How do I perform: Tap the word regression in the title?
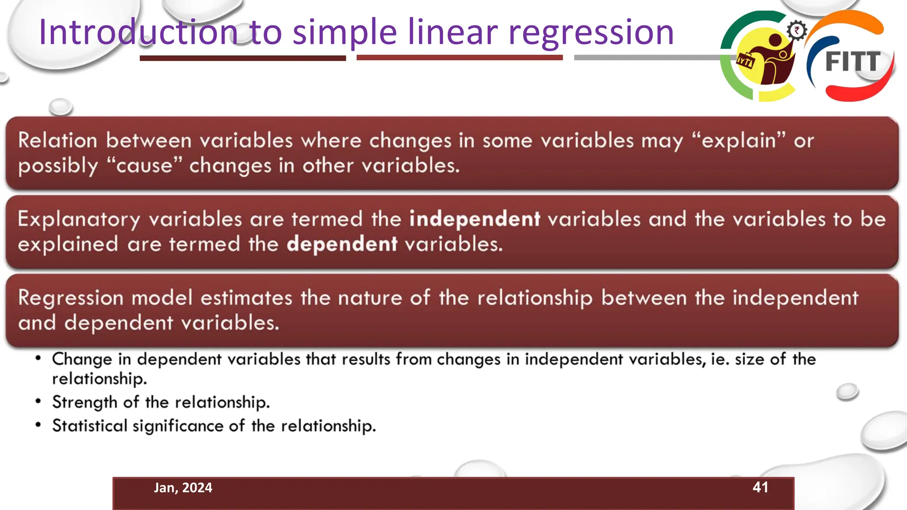[591, 33]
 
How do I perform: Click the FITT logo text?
[853, 62]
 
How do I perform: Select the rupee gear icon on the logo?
[797, 31]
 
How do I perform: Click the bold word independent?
[474, 219]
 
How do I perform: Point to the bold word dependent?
[342, 244]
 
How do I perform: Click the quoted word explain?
[738, 141]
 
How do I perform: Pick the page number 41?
[760, 487]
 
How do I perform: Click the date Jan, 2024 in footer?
[183, 488]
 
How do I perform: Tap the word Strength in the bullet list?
[85, 402]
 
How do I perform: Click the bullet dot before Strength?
[39, 402]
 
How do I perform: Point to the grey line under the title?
[647, 58]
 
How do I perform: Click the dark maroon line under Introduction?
[243, 58]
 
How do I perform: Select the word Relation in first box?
[58, 141]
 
